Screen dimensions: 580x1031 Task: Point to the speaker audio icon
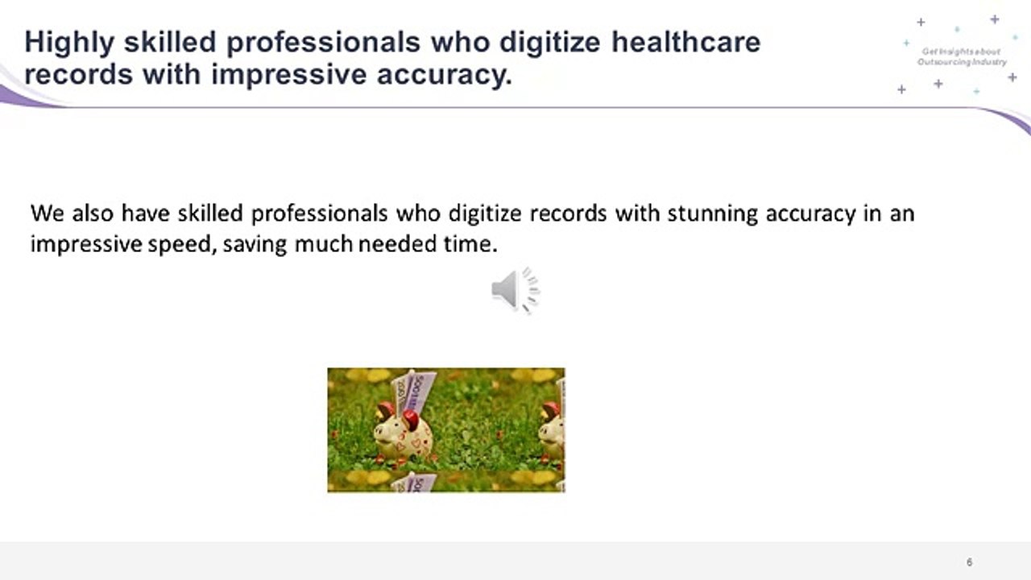coord(515,289)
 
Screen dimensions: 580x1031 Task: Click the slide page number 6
coord(969,562)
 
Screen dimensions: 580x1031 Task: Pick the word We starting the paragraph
coord(47,214)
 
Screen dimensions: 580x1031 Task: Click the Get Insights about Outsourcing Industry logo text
coord(962,56)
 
